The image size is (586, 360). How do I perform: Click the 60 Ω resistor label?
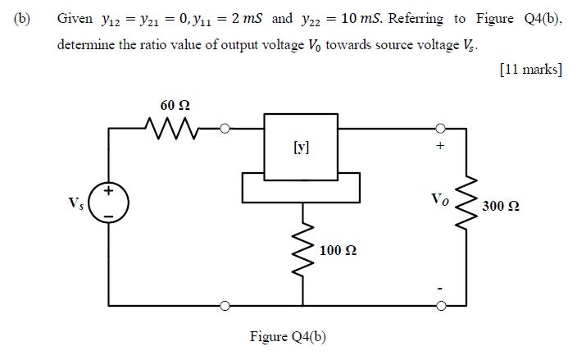177,105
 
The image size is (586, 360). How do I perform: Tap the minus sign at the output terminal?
441,288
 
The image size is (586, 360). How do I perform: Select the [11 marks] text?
529,70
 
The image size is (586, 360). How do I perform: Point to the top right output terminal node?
440,127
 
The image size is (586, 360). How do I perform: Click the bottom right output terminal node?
440,306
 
